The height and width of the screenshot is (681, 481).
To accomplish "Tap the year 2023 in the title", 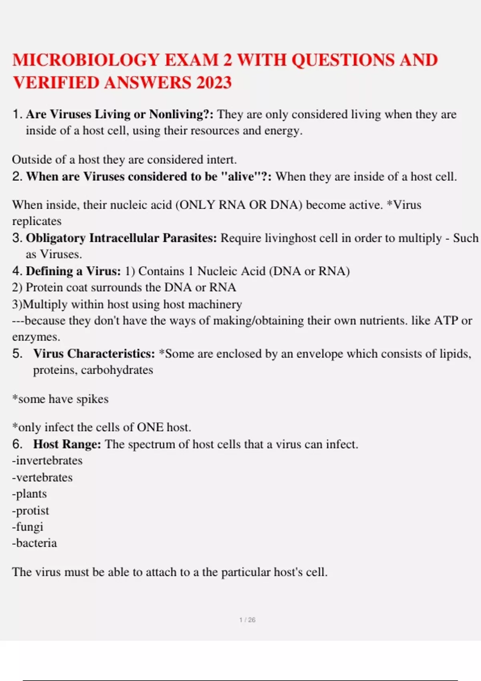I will (x=214, y=83).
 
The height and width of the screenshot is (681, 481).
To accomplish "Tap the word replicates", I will (x=37, y=221).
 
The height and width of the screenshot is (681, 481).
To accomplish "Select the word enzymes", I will (x=36, y=337).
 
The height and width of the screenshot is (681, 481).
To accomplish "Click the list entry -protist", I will (x=30, y=511).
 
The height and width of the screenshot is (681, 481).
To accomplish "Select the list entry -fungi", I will (x=28, y=527).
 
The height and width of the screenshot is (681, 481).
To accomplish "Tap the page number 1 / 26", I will (x=247, y=620).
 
